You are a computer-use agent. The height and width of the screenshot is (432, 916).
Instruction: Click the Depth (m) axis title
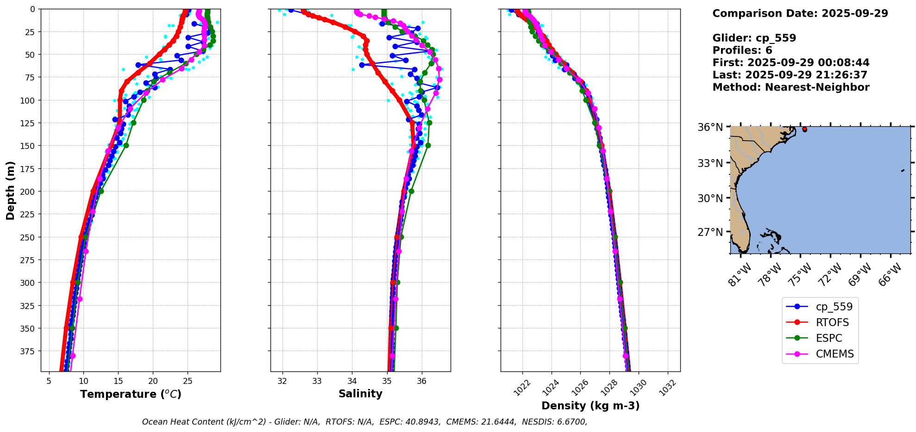click(x=10, y=190)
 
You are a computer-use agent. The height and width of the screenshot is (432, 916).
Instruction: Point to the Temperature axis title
click(x=131, y=394)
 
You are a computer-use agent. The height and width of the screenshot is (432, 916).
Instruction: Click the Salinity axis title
click(x=360, y=394)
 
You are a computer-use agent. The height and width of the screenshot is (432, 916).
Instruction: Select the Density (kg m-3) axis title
click(x=590, y=406)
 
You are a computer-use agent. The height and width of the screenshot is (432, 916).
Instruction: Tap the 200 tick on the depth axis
click(x=29, y=191)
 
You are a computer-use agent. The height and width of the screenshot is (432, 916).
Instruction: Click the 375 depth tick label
click(x=29, y=351)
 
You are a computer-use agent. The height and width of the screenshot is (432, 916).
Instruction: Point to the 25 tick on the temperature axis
click(x=188, y=381)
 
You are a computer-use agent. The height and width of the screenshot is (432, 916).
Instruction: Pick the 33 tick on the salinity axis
click(x=317, y=381)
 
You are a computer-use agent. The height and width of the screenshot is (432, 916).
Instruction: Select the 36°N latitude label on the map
click(x=710, y=127)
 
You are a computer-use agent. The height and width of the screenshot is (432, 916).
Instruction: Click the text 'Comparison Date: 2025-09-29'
click(x=800, y=13)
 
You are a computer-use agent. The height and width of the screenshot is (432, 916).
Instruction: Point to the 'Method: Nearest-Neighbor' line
click(x=791, y=87)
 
